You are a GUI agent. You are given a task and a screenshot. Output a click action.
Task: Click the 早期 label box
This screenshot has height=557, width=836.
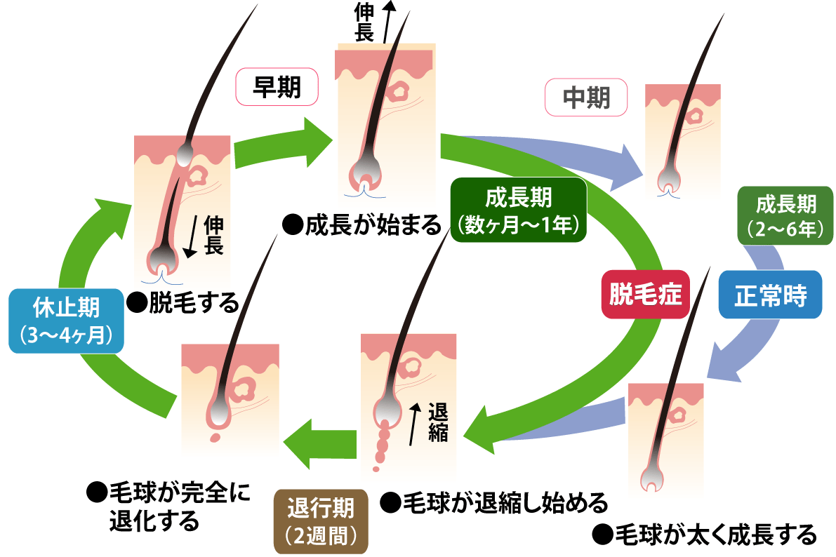coord(277,86)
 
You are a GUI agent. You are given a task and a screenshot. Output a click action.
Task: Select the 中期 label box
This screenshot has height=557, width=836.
coord(587,98)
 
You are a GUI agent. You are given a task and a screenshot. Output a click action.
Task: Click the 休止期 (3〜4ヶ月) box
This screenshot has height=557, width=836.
coord(67,319)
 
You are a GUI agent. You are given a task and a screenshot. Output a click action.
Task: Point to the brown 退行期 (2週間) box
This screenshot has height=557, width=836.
coord(320,521)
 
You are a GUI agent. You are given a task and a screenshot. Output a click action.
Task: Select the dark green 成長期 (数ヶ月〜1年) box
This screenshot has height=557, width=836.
coord(517,209)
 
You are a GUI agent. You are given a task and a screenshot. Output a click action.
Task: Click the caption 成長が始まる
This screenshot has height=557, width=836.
coord(361,226)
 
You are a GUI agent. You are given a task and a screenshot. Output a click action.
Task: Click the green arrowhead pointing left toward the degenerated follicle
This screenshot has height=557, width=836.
coord(302,443)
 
